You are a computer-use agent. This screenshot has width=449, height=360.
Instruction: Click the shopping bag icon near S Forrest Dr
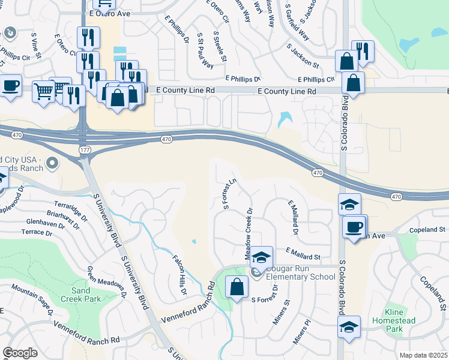(237, 287)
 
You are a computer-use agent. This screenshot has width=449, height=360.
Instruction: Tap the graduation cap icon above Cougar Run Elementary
(261, 257)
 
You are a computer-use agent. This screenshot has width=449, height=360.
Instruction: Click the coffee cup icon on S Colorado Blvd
(354, 227)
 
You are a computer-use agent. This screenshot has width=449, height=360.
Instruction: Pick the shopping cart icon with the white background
(44, 92)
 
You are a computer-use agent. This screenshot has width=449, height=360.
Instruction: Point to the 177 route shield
(84, 148)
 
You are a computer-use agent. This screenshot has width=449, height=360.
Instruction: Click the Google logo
(20, 353)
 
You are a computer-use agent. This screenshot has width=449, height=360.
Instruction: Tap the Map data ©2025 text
(423, 355)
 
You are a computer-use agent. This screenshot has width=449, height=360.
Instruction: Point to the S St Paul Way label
(204, 50)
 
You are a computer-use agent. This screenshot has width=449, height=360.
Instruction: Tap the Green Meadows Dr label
(107, 283)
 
